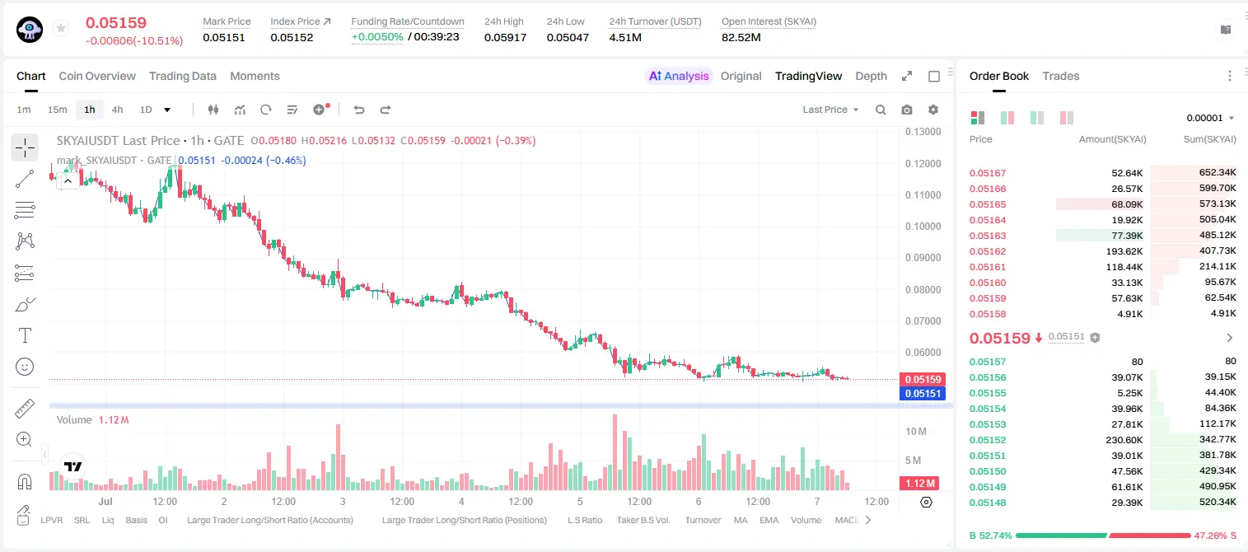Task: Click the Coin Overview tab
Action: coord(97,76)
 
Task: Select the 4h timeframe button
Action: coord(117,110)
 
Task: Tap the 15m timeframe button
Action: coord(57,110)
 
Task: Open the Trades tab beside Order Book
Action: coord(1061,76)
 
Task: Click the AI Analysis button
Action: coord(679,76)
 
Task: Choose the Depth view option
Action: coord(871,76)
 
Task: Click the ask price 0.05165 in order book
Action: coord(987,204)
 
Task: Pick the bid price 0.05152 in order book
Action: coord(987,440)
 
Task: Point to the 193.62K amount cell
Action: coord(1124,251)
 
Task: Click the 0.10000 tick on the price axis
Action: coord(923,226)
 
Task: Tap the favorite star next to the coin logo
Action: coord(61,28)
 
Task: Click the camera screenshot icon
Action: coord(907,110)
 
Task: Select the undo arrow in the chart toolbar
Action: coord(359,110)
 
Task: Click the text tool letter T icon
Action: coord(25,335)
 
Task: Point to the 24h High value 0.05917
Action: coord(505,37)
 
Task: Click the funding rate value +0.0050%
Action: coord(377,37)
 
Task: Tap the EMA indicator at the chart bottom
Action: coord(769,520)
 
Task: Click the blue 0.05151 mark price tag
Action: coord(923,394)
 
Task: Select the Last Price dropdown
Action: coord(830,110)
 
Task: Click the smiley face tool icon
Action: coord(25,367)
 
